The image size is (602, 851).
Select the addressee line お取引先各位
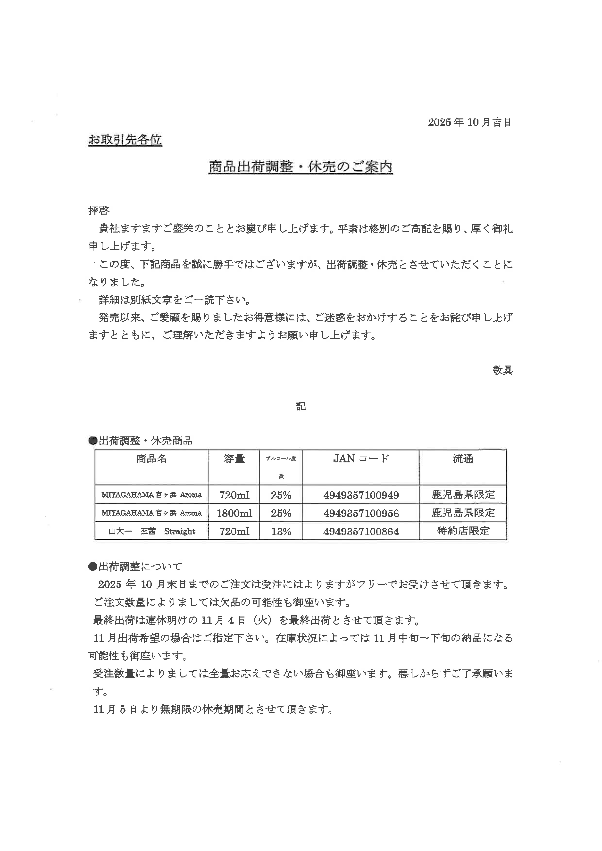click(x=125, y=140)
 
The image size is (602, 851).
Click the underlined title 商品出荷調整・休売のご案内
click(x=301, y=167)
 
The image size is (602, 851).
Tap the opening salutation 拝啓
click(x=99, y=210)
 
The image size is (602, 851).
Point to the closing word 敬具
click(x=502, y=370)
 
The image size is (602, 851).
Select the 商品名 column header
click(x=151, y=459)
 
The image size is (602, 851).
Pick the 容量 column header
click(x=234, y=459)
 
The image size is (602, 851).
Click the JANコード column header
click(x=361, y=459)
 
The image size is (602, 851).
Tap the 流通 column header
click(x=463, y=459)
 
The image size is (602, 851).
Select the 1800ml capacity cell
click(x=234, y=513)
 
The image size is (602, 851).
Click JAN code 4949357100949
click(x=361, y=495)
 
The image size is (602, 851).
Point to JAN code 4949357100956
click(x=361, y=513)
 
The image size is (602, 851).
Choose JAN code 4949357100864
click(x=361, y=532)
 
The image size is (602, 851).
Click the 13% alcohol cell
click(x=281, y=532)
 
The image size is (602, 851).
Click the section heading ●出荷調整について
click(x=135, y=566)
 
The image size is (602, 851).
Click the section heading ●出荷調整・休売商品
click(x=141, y=441)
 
